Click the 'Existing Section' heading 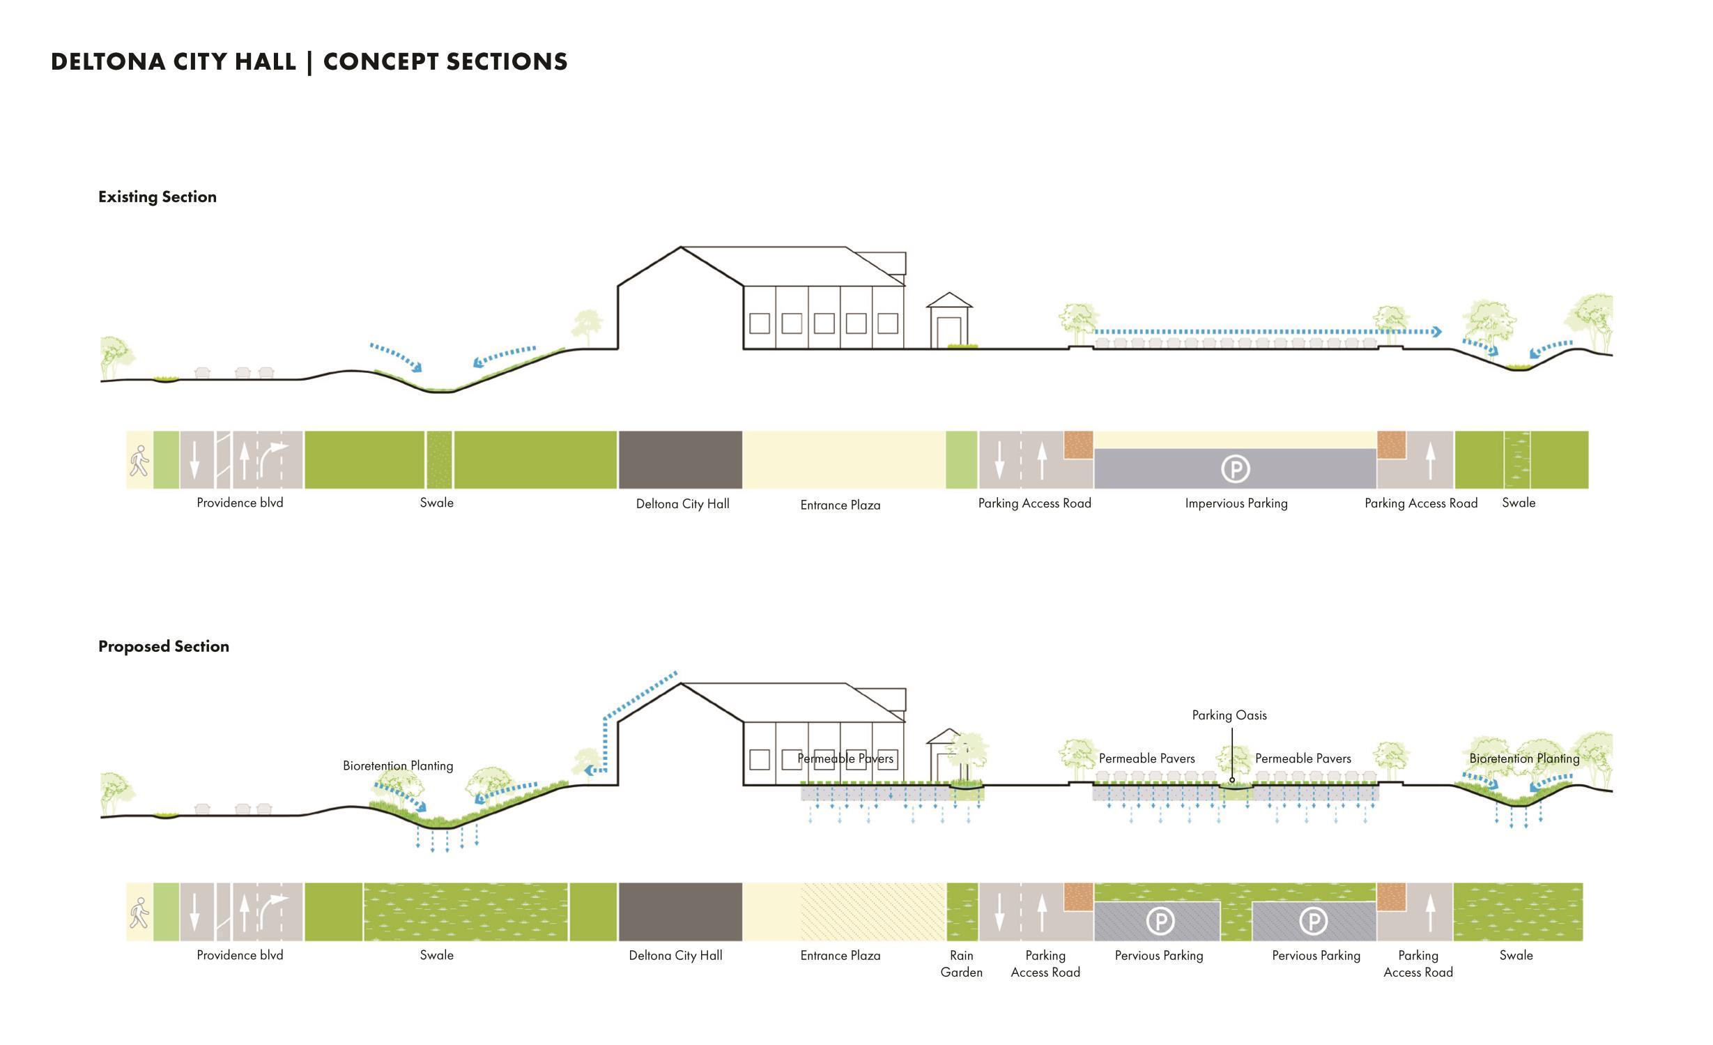tap(158, 197)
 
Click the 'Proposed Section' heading tap(164, 647)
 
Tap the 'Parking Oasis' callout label tap(1229, 715)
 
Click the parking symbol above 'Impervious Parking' tap(1235, 469)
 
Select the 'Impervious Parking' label tap(1236, 503)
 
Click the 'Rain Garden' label tap(961, 964)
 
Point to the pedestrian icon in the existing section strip tap(139, 461)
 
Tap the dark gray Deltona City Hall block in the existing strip tap(679, 460)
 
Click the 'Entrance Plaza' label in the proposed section tap(840, 956)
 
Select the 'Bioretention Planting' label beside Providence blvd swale tap(398, 766)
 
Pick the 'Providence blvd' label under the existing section tap(240, 503)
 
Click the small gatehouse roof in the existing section tap(948, 300)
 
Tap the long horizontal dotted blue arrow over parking tap(1265, 333)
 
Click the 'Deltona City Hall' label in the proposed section tap(675, 956)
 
